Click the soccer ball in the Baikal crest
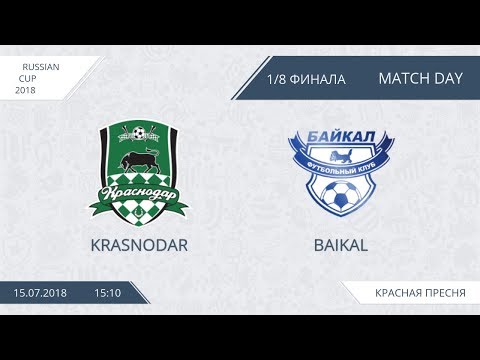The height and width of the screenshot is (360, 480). click(x=342, y=197)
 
